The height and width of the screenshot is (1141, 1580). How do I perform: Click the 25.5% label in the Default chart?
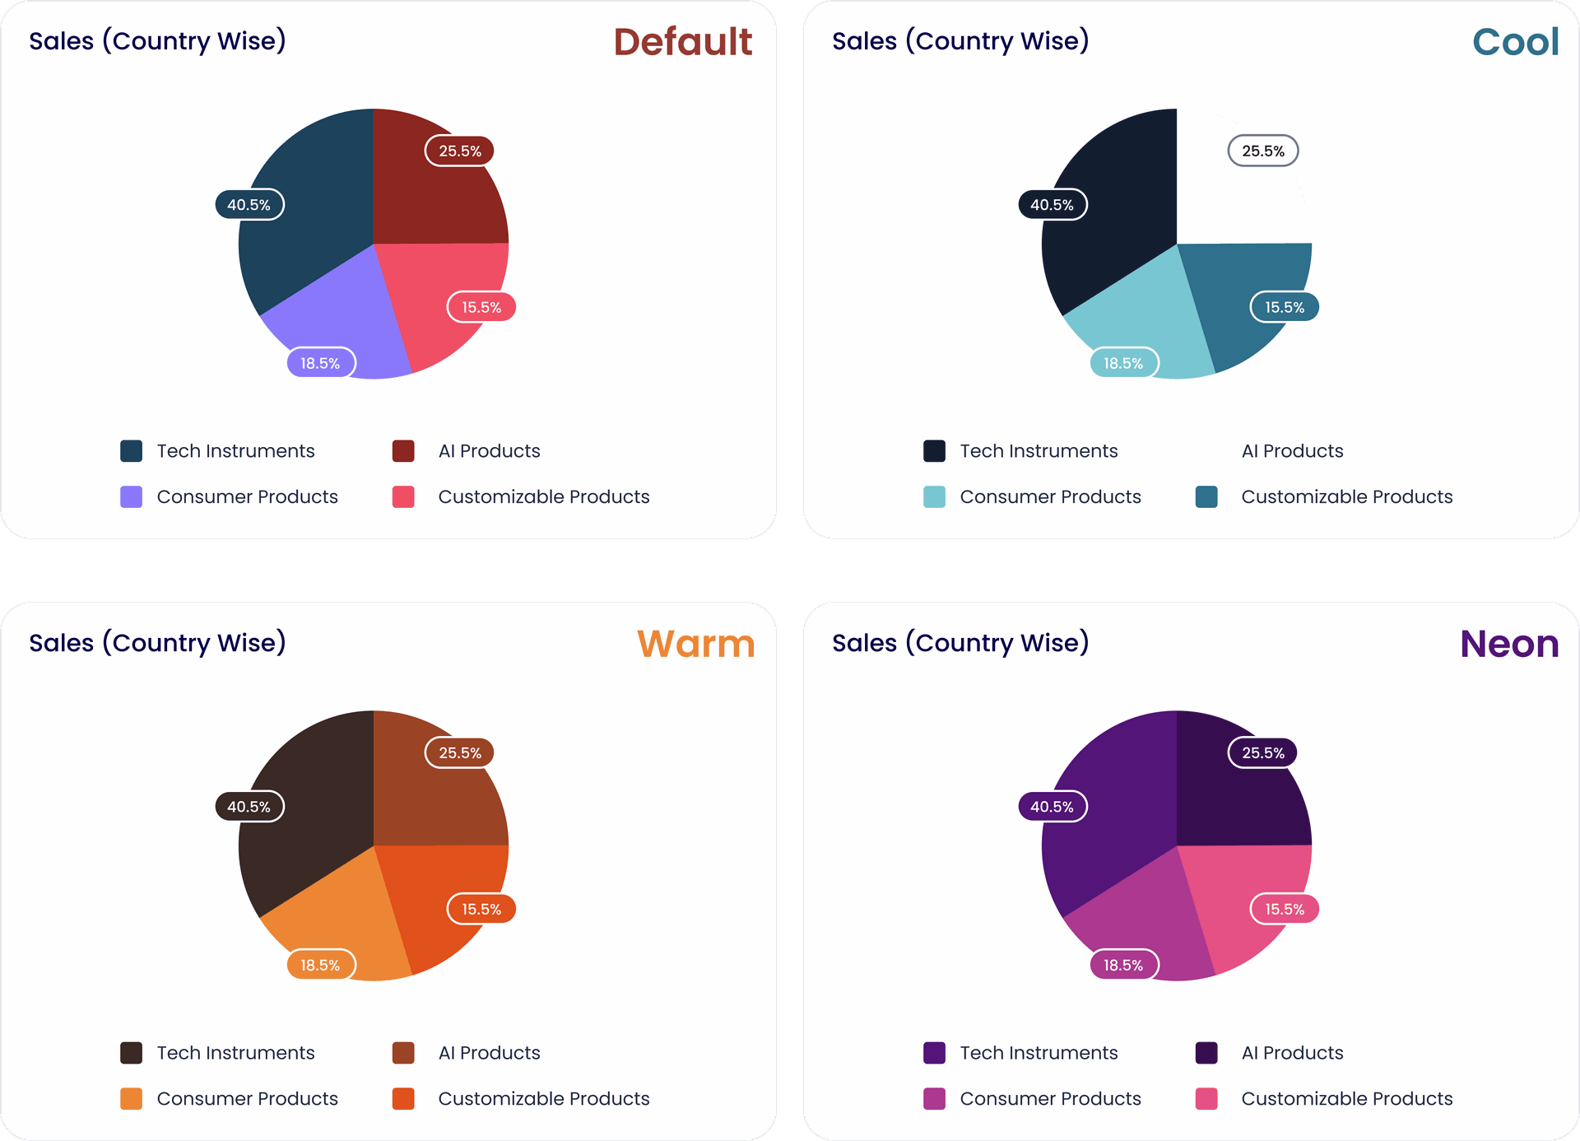(x=459, y=151)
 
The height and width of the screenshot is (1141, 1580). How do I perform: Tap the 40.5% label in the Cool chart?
(x=1053, y=205)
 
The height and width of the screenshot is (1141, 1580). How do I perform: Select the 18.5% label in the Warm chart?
(x=320, y=965)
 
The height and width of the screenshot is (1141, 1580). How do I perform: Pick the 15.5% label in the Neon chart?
(x=1285, y=909)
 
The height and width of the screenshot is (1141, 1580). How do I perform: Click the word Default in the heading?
(x=682, y=42)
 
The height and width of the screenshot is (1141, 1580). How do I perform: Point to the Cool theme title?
(x=1515, y=42)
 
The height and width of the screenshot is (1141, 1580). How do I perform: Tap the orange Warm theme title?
(x=695, y=644)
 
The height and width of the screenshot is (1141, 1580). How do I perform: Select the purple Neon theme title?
(x=1509, y=644)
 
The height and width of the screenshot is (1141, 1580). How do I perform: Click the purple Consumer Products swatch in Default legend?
(x=132, y=496)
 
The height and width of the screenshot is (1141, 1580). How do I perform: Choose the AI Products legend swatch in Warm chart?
(x=403, y=1053)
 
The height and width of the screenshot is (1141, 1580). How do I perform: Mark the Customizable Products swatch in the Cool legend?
(x=1206, y=496)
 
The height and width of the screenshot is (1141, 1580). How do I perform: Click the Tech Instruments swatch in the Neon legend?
(x=934, y=1053)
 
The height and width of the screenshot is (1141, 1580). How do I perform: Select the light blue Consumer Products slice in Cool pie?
(x=1144, y=321)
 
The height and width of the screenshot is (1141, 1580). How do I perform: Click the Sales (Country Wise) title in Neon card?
(x=960, y=643)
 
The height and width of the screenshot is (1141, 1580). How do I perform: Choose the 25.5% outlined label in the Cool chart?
(x=1262, y=151)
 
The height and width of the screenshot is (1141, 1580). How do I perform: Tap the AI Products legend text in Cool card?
(x=1292, y=451)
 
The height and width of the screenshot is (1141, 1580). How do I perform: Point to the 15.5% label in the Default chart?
(x=481, y=307)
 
